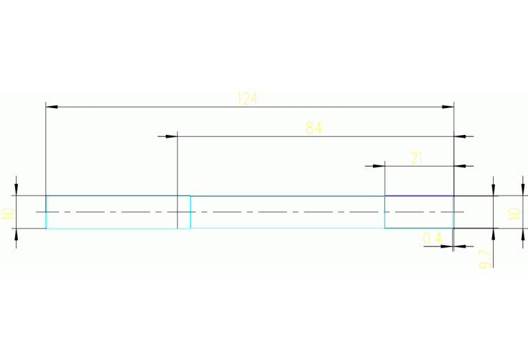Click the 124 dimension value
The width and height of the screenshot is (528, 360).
246,98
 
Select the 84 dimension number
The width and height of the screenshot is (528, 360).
313,128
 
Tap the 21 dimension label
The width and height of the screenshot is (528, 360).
416,158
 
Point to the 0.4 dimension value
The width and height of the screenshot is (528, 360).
432,238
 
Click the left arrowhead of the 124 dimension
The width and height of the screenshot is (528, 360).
51,107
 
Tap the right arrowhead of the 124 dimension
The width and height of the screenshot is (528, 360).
448,107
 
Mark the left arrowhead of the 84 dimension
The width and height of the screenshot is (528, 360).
172,136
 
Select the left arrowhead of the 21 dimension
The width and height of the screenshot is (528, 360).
379,166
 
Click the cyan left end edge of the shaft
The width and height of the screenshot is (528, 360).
46,212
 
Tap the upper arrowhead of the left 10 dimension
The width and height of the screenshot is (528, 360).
16,190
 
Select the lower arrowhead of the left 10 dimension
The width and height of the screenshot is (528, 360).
16,234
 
